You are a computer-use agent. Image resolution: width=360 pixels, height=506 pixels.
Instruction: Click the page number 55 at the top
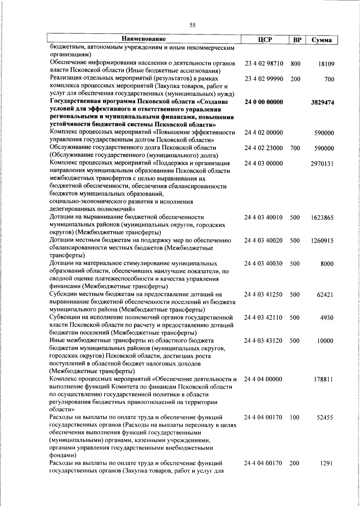coord(192,25)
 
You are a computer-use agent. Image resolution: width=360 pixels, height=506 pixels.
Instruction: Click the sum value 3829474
coord(322,103)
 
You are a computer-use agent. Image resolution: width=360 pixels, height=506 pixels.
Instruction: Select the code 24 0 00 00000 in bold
coord(264,102)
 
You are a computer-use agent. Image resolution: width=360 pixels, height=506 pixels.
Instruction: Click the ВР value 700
coord(295,148)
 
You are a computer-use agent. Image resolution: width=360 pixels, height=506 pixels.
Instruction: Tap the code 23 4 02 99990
coord(264,79)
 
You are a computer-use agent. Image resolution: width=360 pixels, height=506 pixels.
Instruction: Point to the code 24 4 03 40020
coord(263,240)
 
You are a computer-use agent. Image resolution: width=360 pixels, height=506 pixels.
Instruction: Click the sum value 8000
coord(327,264)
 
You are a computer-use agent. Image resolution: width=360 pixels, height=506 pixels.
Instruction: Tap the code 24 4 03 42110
coord(263,318)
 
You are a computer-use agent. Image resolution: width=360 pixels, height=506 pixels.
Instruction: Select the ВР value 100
coord(295,418)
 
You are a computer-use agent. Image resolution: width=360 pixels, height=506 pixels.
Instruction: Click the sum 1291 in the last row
coord(327,471)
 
